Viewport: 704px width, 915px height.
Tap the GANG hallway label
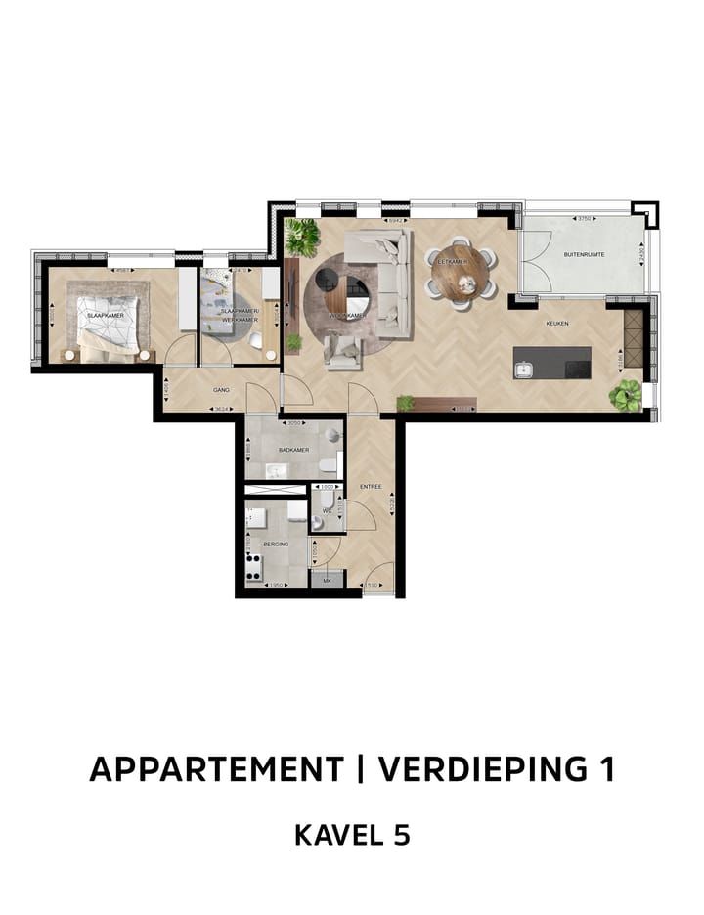[221, 389]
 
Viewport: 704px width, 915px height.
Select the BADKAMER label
[293, 450]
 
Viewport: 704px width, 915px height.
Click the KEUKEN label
[557, 324]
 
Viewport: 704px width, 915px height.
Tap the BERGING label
[275, 544]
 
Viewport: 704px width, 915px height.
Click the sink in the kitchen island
[524, 369]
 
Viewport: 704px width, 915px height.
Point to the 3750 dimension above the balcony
[584, 219]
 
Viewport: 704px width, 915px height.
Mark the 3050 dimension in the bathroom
[292, 423]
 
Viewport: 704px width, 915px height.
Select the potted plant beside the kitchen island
[625, 395]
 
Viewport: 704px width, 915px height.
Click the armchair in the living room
[342, 351]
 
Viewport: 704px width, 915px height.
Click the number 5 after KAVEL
[398, 835]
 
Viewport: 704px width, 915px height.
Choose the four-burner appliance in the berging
[254, 566]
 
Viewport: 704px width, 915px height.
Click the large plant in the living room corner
[302, 237]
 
